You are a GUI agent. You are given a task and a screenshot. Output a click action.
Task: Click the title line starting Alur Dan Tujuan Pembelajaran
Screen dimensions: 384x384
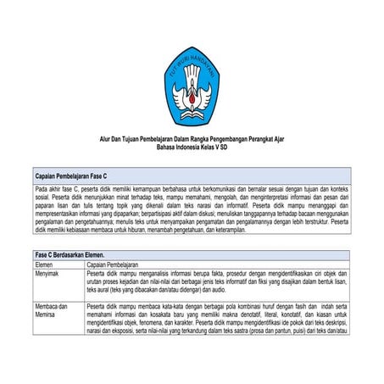(x=192, y=139)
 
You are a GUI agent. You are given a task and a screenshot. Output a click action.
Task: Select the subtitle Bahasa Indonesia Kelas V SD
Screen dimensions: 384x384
(x=192, y=147)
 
